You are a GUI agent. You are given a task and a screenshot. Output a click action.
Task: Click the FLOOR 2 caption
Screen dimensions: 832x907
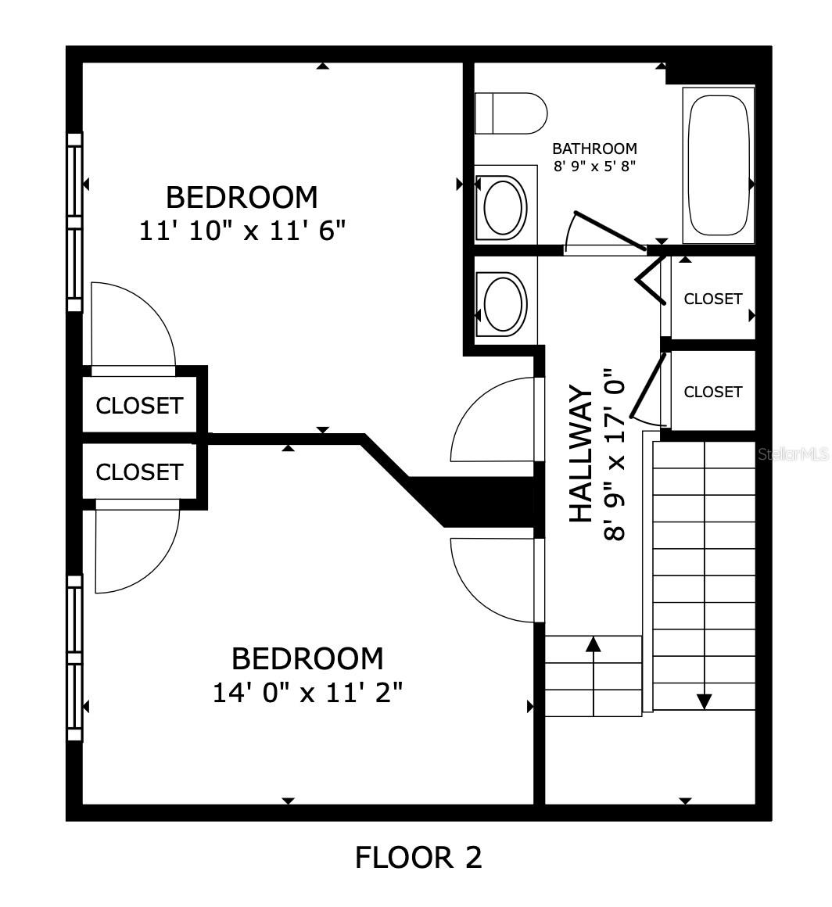pos(418,857)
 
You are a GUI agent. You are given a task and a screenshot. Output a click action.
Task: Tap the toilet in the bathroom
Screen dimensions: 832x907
pos(511,113)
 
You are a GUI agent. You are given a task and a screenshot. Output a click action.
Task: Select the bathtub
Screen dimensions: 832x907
pos(719,165)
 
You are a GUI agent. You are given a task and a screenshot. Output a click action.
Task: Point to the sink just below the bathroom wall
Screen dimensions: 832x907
pos(505,303)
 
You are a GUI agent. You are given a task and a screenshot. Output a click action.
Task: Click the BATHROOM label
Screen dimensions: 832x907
pos(595,149)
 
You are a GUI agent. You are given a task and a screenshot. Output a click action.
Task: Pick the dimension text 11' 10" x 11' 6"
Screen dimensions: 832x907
pos(242,231)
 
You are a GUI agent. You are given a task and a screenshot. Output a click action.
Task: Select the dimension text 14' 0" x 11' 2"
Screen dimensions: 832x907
pos(308,693)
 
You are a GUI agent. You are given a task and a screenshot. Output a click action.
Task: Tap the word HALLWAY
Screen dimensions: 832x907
pos(582,454)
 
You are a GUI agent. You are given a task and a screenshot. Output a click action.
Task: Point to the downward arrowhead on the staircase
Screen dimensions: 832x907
pos(704,701)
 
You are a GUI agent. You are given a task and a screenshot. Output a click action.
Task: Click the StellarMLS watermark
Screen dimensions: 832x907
pos(794,454)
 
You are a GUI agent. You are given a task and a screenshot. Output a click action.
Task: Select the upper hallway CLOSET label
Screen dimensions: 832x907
pos(713,299)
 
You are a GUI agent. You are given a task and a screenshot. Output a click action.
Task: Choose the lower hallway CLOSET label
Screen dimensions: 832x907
pos(713,392)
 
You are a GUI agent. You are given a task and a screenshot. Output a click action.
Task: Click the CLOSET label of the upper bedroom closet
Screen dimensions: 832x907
pos(139,406)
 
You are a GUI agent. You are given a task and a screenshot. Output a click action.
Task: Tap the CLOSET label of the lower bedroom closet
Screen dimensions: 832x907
pos(139,472)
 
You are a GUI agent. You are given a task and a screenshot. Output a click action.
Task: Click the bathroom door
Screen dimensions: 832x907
pos(608,231)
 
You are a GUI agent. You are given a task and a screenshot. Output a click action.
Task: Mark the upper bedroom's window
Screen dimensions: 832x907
pos(75,222)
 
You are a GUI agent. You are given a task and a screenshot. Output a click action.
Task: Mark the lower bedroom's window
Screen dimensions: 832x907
pos(75,658)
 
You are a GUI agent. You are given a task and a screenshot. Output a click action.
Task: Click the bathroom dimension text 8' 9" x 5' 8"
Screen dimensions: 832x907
pos(595,167)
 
